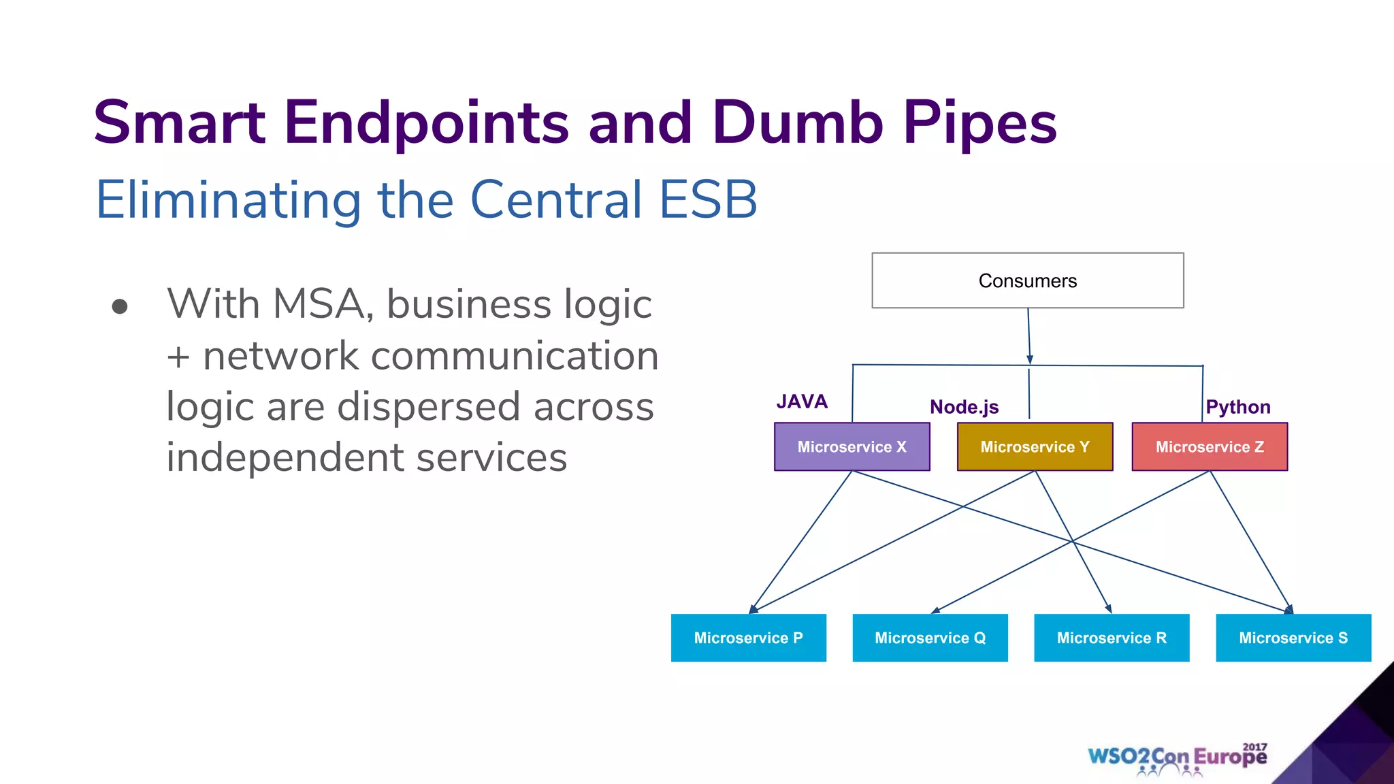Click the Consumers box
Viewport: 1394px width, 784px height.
[x=1027, y=280]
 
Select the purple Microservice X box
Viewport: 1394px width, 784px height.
[x=852, y=446]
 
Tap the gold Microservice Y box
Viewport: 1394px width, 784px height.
[x=1035, y=446]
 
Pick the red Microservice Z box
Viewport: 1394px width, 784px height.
[x=1210, y=446]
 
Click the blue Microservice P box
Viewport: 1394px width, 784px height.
[x=748, y=638]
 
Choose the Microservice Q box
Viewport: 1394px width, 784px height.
[x=930, y=638]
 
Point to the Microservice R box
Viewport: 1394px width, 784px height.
[x=1112, y=638]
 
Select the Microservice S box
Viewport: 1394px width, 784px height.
[x=1293, y=638]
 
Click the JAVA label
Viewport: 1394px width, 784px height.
[x=802, y=402]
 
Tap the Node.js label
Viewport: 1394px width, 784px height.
[x=964, y=407]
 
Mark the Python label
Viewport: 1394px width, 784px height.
[x=1237, y=407]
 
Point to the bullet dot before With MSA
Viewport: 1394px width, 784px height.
[x=120, y=307]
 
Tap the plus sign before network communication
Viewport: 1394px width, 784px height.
[x=178, y=357]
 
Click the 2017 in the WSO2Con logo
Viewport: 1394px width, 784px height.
[x=1254, y=747]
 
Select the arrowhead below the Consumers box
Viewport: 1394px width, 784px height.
[x=1030, y=359]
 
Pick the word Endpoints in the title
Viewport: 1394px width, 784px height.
[x=426, y=123]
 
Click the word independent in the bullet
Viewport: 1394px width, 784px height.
[x=285, y=457]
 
